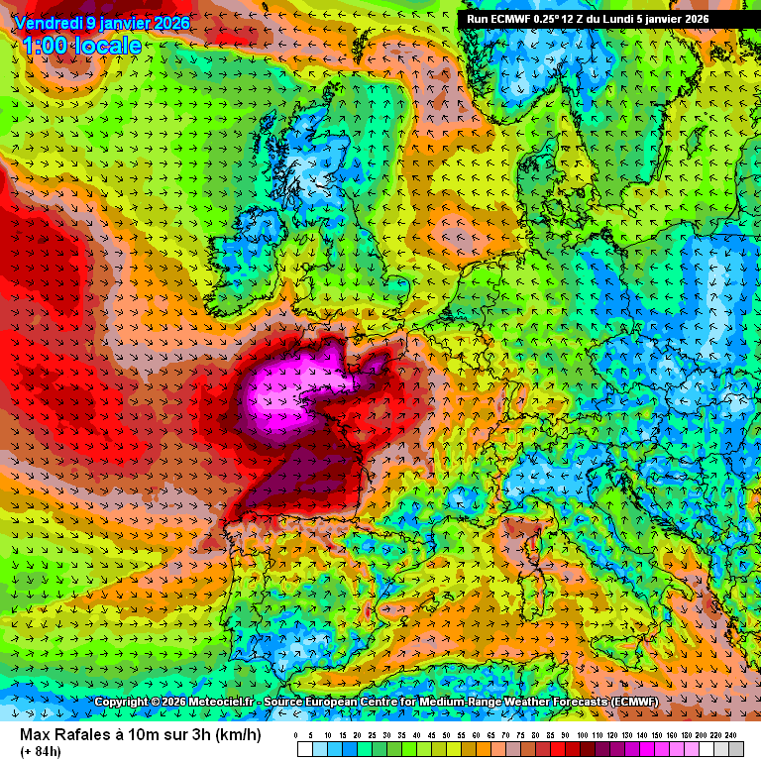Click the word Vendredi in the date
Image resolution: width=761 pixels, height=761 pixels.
(x=48, y=23)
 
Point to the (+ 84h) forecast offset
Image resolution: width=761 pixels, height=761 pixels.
(x=40, y=751)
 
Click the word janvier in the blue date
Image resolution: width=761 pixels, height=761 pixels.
(x=130, y=23)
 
